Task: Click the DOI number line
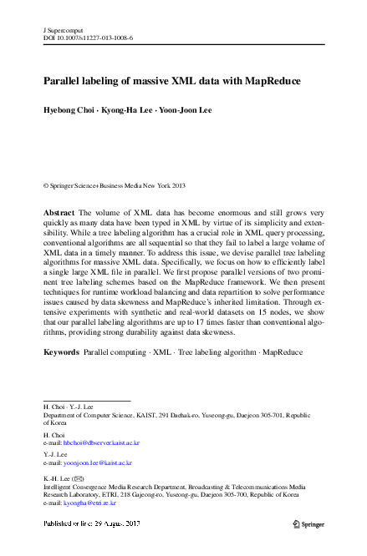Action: [88, 38]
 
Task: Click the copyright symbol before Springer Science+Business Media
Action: [46, 185]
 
